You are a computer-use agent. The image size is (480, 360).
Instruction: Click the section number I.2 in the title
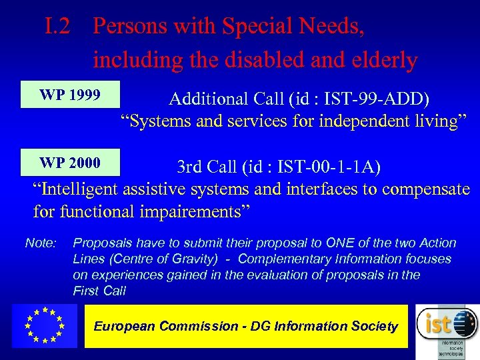[x=60, y=27]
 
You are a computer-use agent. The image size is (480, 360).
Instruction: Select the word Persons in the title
[x=131, y=27]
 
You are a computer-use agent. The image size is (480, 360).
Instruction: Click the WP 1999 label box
[x=70, y=95]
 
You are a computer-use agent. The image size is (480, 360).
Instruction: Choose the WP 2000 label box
[x=70, y=163]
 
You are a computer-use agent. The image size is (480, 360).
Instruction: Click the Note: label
[x=41, y=243]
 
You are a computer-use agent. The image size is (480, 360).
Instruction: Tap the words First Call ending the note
[x=99, y=291]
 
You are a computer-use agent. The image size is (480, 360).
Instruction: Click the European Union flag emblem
[x=44, y=326]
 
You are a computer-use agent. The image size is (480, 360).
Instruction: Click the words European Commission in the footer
[x=166, y=327]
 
